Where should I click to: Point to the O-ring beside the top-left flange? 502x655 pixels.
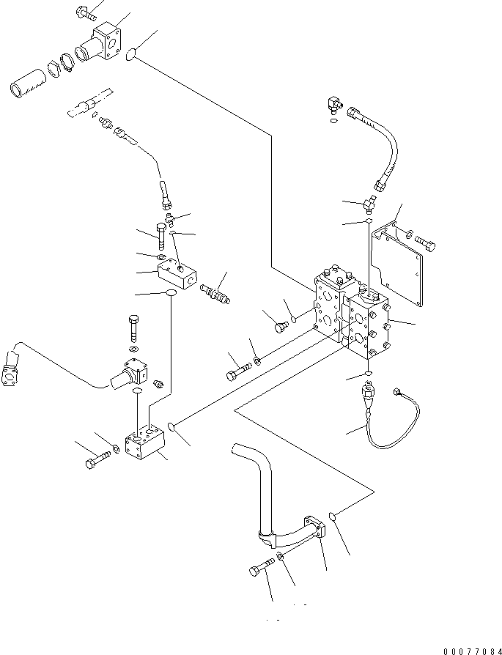131,53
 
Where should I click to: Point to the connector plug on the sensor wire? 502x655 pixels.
399,393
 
